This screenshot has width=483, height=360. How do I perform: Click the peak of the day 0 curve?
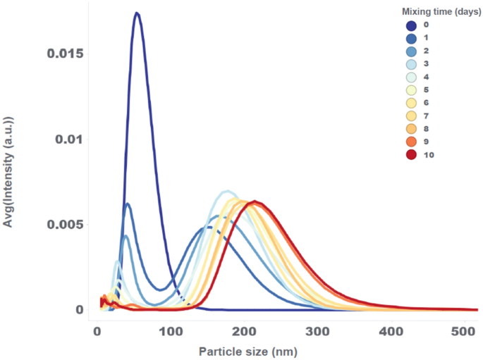coord(137,13)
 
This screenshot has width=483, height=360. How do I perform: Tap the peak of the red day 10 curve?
coord(255,202)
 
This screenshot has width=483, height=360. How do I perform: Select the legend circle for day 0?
coord(411,25)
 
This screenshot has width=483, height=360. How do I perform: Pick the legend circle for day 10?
coord(411,155)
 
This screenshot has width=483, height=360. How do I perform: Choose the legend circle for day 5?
coord(411,90)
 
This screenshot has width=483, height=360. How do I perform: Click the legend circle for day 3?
coord(411,64)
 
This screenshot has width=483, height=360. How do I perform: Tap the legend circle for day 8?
coord(411,129)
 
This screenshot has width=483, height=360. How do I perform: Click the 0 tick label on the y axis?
coord(79,310)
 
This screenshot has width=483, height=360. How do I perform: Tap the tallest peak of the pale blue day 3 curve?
coord(227,192)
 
